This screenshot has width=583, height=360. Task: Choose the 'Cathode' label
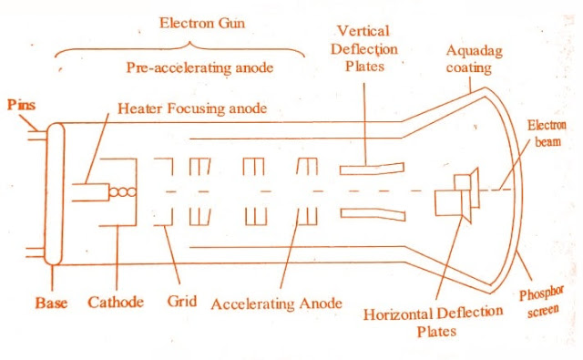point(115,300)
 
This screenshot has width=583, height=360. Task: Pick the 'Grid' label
point(179,300)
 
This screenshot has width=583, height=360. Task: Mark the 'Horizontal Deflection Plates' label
point(433,321)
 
